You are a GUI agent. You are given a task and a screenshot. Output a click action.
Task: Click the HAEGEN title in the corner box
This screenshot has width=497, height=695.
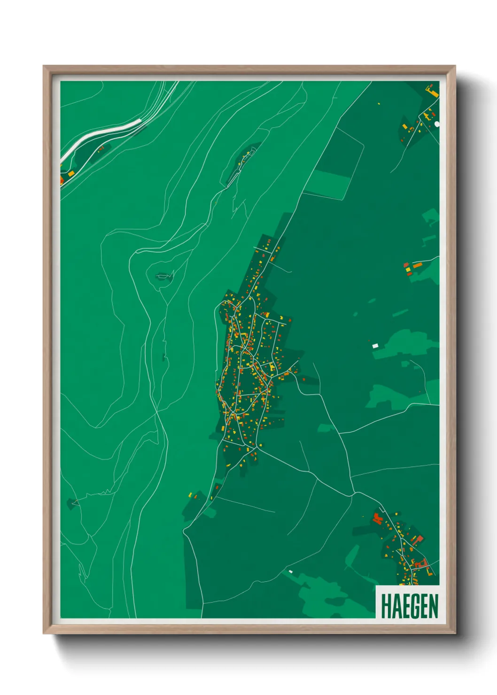[409, 606]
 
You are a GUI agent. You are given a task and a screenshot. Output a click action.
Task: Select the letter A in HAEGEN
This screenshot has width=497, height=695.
[395, 606]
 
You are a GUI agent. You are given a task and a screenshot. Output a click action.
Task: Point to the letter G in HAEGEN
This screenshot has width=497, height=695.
[414, 606]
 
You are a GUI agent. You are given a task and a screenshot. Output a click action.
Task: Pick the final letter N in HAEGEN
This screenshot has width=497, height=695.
[433, 606]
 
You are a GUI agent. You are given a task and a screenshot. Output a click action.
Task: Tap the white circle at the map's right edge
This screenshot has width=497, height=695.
[437, 124]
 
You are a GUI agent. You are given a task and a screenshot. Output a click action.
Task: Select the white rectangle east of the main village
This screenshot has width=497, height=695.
[375, 346]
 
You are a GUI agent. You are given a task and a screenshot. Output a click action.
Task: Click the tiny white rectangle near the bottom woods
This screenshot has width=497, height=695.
[290, 571]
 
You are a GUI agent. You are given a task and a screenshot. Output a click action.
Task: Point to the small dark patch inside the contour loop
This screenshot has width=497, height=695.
[163, 277]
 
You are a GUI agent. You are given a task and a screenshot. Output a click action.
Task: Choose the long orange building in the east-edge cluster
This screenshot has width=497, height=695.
[417, 265]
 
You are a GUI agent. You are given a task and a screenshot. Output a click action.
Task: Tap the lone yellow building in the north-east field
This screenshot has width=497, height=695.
[379, 103]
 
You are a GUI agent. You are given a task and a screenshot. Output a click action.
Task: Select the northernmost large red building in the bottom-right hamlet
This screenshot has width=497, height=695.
[377, 518]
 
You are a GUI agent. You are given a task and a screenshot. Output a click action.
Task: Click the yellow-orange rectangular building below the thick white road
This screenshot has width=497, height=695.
[71, 173]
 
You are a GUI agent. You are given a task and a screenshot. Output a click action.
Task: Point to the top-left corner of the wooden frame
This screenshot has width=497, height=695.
[44, 66]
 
